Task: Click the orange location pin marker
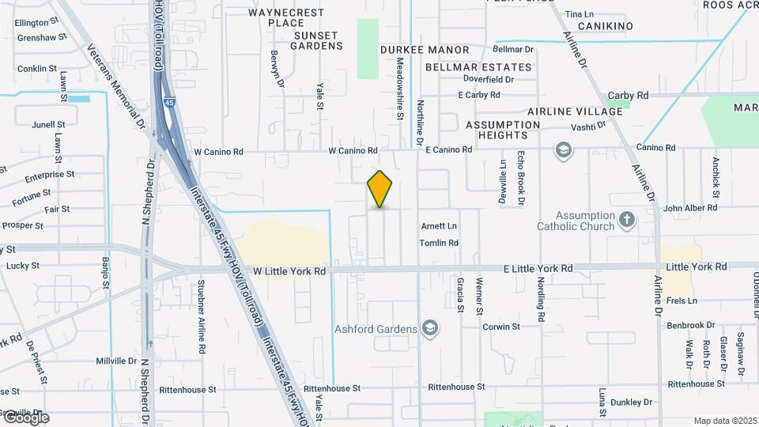tap(380, 189)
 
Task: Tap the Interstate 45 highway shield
tap(170, 103)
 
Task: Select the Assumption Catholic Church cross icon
tap(627, 219)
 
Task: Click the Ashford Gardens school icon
tap(430, 328)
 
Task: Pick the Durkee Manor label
tap(415, 49)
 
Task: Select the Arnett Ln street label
tap(439, 225)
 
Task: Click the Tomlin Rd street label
tap(439, 243)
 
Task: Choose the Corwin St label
tap(500, 326)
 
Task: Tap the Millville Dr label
tap(116, 361)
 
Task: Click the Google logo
tap(25, 418)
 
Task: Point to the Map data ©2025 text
tap(724, 421)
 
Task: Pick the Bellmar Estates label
tap(478, 67)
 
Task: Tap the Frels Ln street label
tap(681, 301)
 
